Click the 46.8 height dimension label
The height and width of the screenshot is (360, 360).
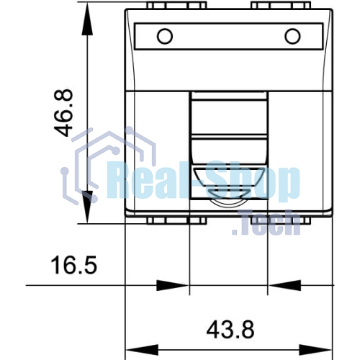click(x=63, y=113)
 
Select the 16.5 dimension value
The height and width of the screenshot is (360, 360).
click(x=74, y=265)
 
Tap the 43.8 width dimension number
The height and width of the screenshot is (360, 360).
click(x=230, y=330)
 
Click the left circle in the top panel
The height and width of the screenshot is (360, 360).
click(x=165, y=36)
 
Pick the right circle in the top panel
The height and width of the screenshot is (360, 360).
click(x=292, y=36)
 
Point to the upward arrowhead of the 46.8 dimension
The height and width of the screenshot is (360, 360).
click(x=87, y=19)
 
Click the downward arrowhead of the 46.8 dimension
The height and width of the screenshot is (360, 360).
click(x=87, y=207)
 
